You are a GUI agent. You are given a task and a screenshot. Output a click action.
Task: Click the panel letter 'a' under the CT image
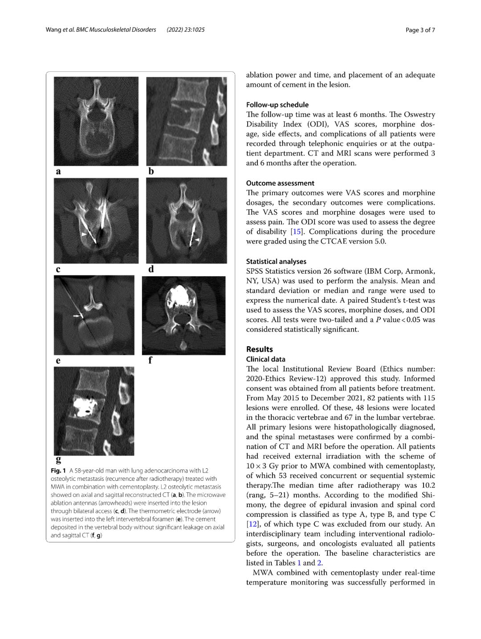(x=58, y=172)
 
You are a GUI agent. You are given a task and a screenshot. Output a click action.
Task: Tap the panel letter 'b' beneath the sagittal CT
(x=151, y=172)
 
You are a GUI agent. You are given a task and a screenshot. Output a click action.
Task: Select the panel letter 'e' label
(x=58, y=360)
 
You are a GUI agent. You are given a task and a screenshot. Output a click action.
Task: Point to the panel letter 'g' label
(x=58, y=459)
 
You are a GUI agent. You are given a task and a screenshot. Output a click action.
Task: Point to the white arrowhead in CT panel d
(x=196, y=240)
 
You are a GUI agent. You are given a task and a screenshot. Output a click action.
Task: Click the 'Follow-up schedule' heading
(x=277, y=105)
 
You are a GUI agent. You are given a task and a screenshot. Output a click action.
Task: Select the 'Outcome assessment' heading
(x=280, y=183)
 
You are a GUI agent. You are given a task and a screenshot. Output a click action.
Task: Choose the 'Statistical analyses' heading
(x=276, y=262)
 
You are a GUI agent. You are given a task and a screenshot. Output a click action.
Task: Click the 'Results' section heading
(x=259, y=349)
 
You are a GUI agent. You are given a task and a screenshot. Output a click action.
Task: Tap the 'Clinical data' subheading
(x=265, y=359)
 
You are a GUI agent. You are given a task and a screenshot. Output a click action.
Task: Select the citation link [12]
(x=252, y=524)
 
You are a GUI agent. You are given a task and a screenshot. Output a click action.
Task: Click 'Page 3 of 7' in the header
(x=420, y=30)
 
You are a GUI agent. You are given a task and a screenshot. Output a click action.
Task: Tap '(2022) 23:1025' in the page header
(x=185, y=30)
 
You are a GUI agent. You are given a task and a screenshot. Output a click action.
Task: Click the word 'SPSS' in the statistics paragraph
(x=255, y=271)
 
